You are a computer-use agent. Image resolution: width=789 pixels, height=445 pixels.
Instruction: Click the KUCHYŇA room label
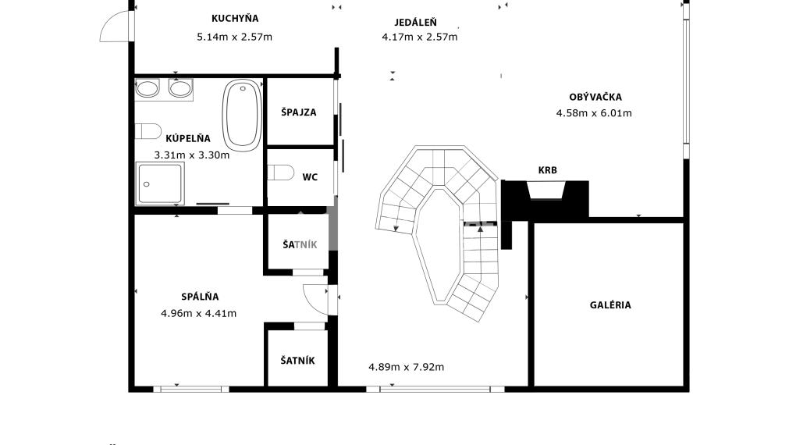pyautogui.click(x=235, y=19)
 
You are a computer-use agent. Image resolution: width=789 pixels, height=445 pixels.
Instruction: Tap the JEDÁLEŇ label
pyautogui.click(x=415, y=22)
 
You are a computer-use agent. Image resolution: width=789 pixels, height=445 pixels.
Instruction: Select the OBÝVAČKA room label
pyautogui.click(x=595, y=97)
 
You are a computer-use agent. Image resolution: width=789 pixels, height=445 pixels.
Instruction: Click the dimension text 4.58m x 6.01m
pyautogui.click(x=594, y=113)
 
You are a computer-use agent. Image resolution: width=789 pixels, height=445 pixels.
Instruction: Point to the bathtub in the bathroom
pyautogui.click(x=242, y=116)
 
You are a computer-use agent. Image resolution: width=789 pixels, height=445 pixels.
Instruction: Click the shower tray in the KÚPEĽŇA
pyautogui.click(x=160, y=183)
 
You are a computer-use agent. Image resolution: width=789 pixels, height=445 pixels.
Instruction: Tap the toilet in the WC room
pyautogui.click(x=280, y=173)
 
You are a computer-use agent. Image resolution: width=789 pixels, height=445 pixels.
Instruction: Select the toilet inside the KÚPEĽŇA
pyautogui.click(x=148, y=131)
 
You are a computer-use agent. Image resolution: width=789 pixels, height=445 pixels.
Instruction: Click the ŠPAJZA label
pyautogui.click(x=298, y=112)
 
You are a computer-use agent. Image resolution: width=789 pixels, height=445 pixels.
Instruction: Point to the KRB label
pyautogui.click(x=548, y=170)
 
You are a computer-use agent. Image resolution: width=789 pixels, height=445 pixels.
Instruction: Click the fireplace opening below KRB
pyautogui.click(x=546, y=190)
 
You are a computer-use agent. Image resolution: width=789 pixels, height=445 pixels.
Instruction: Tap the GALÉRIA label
pyautogui.click(x=610, y=304)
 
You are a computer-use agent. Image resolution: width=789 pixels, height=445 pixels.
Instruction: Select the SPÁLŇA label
pyautogui.click(x=200, y=297)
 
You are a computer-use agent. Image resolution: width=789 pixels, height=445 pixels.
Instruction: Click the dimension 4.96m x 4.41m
pyautogui.click(x=198, y=313)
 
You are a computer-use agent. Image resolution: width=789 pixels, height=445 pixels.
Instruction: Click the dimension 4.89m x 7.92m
pyautogui.click(x=406, y=367)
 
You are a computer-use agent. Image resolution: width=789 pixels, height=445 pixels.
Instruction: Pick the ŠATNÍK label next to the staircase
pyautogui.click(x=300, y=244)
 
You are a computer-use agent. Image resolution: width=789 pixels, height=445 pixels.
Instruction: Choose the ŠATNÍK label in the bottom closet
pyautogui.click(x=297, y=361)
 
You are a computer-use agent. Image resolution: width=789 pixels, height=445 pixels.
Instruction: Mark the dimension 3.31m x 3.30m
pyautogui.click(x=192, y=155)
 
